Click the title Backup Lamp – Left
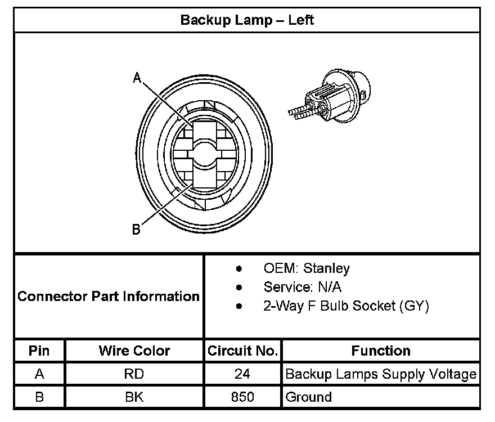point(246,20)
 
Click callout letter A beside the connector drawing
point(137,78)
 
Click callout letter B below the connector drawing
point(136,229)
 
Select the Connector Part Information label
point(109,296)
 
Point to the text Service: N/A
point(302,287)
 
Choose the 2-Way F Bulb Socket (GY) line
point(346,306)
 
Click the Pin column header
point(39,351)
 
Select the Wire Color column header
point(134,351)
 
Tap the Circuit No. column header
point(242,351)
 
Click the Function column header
point(381,351)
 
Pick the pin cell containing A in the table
point(39,374)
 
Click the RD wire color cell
point(134,374)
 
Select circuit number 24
point(242,374)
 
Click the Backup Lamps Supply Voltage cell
point(381,374)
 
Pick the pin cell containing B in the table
point(39,397)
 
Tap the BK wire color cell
point(134,397)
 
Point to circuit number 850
point(242,397)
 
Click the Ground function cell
point(308,397)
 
